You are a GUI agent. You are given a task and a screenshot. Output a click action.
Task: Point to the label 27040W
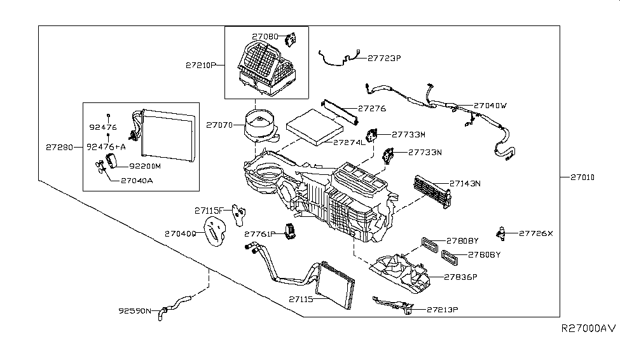(490, 106)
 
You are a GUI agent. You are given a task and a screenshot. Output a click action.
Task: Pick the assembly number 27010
(579, 177)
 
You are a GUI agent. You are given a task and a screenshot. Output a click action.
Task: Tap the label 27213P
(443, 310)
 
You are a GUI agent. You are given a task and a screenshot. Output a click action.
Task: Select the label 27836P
(460, 277)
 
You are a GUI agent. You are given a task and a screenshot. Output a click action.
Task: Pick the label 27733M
(408, 134)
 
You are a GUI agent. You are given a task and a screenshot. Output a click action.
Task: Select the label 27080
(266, 37)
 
